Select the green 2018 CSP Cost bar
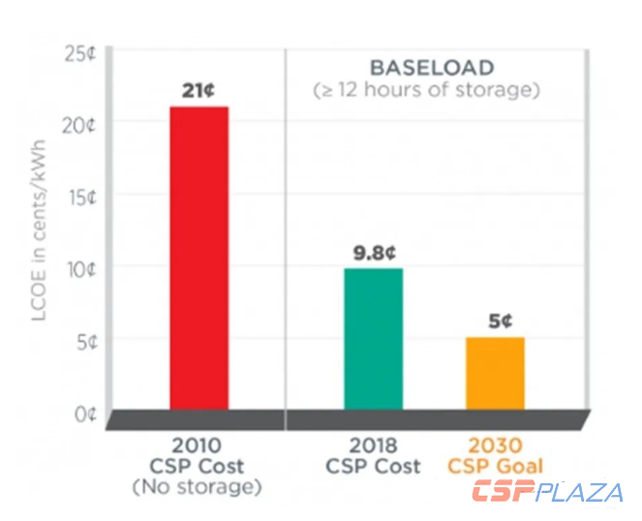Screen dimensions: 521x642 tap(373, 338)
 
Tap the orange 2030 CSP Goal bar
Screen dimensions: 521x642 tap(495, 373)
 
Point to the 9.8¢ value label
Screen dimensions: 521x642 tap(373, 254)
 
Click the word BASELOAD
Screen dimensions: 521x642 tap(432, 69)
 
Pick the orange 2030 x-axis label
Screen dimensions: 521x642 tap(495, 446)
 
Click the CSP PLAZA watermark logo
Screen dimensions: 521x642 tap(547, 491)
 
